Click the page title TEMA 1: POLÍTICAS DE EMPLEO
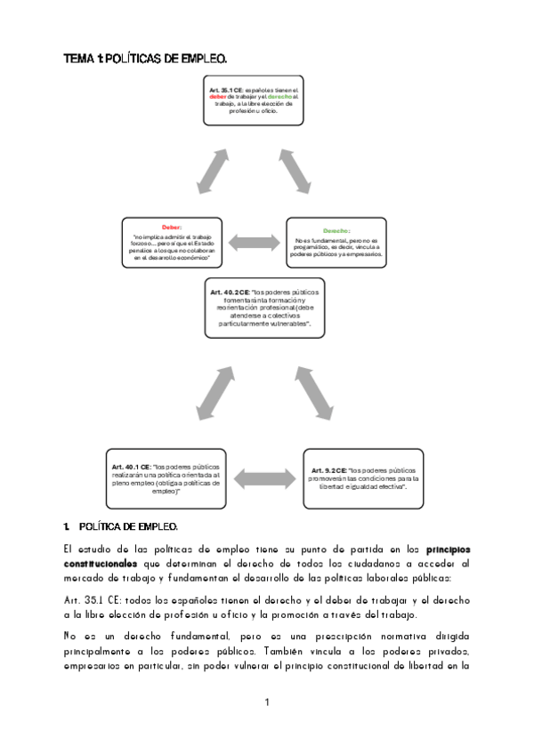145,59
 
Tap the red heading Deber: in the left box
171,228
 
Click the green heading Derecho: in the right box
336,230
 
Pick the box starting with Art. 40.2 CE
266,309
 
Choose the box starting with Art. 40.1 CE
166,477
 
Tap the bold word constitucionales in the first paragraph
100,564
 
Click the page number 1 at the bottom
266,704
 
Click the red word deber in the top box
219,97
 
